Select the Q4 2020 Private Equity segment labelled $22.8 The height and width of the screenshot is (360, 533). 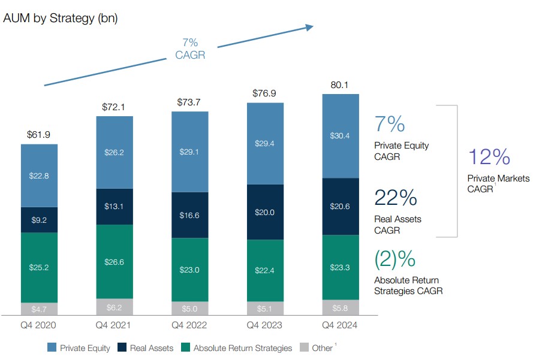click(x=40, y=176)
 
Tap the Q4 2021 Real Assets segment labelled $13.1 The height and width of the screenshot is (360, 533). click(x=115, y=207)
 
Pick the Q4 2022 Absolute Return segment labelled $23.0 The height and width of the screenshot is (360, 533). click(x=189, y=270)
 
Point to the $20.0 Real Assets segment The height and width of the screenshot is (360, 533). click(x=264, y=212)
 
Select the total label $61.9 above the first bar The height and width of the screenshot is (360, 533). click(x=40, y=135)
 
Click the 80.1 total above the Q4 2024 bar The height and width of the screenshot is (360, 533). click(x=339, y=85)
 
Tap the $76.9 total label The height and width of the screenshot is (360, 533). click(x=264, y=93)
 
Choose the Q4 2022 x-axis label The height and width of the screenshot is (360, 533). click(x=189, y=326)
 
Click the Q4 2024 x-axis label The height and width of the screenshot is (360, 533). click(x=339, y=326)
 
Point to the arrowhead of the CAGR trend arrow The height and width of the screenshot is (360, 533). click(x=310, y=26)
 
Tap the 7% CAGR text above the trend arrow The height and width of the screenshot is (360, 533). click(x=190, y=49)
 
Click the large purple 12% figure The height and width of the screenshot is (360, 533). click(x=489, y=157)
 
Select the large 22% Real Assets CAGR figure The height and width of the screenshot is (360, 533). click(x=396, y=198)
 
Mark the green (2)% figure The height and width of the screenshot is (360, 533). click(x=395, y=259)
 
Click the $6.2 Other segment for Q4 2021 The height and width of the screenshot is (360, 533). click(x=115, y=307)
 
